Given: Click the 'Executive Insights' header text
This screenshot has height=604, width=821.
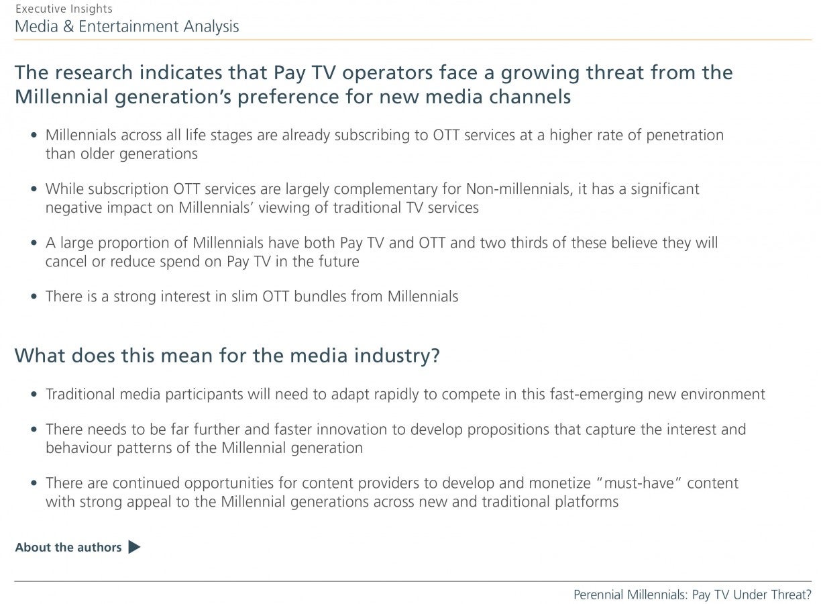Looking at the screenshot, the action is [x=64, y=9].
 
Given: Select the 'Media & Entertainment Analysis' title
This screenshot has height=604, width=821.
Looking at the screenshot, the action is [x=127, y=27].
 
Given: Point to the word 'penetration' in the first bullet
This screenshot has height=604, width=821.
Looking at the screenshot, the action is [x=685, y=136].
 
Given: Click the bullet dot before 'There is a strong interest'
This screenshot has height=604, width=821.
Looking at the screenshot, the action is [x=34, y=297].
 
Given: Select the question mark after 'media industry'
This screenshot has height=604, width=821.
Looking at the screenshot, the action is [x=435, y=356].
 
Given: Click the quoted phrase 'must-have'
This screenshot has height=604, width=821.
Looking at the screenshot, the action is [x=639, y=483].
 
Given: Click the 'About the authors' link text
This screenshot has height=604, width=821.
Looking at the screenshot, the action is [x=68, y=548].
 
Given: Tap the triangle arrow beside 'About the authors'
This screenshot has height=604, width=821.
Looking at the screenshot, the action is [x=133, y=547].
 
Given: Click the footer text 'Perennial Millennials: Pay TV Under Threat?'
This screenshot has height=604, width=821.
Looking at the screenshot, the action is [x=692, y=595].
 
